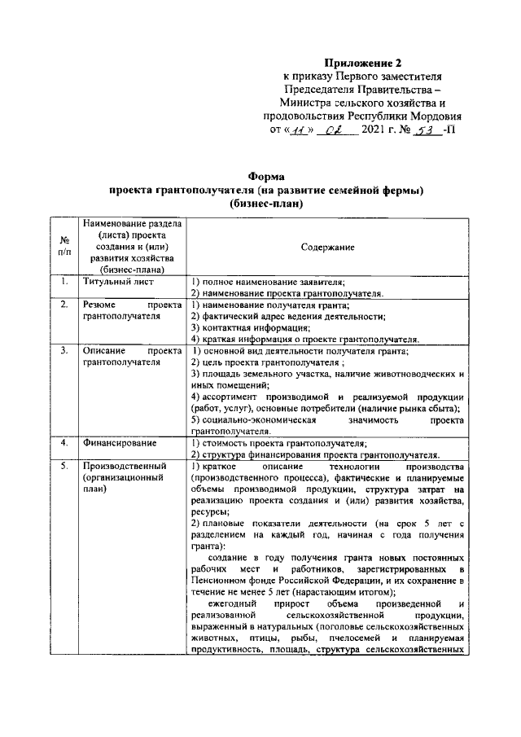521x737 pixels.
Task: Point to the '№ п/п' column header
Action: [x=63, y=247]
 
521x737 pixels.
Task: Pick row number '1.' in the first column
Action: [x=63, y=282]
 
